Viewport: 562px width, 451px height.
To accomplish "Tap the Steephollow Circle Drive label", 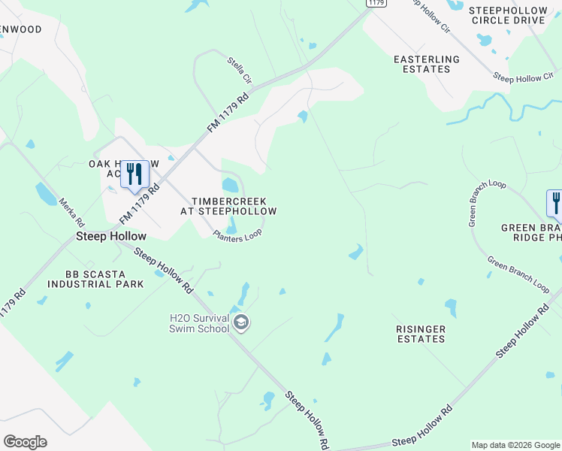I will [508, 15].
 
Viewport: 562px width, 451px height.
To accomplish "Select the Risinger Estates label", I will [421, 334].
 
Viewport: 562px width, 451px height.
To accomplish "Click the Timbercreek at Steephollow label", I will [228, 206].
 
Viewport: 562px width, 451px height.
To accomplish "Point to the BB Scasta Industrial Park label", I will [84, 280].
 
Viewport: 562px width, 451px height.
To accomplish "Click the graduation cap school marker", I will [241, 323].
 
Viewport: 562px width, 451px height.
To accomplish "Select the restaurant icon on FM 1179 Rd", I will [134, 174].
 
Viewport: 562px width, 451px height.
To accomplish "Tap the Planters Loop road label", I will [237, 235].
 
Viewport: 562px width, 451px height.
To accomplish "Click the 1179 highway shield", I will [376, 4].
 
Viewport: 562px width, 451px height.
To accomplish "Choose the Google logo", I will [25, 442].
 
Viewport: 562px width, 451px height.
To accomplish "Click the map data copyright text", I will [515, 445].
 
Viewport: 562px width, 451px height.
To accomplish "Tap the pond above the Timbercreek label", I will [231, 184].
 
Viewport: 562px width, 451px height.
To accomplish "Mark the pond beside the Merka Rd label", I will [45, 195].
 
